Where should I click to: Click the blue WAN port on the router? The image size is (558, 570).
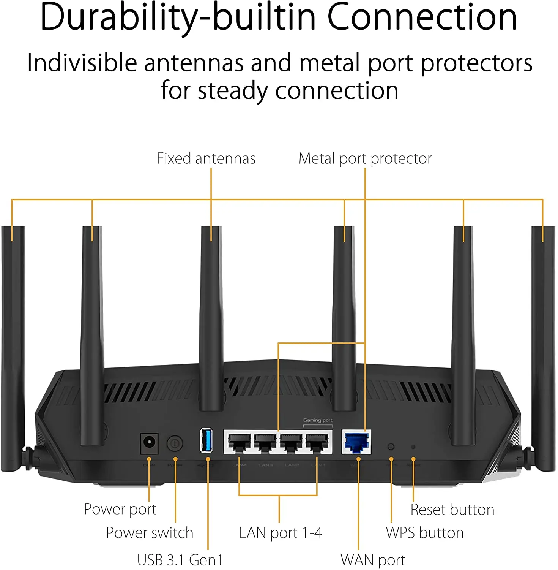click(356, 442)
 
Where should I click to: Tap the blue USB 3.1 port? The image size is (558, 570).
click(206, 440)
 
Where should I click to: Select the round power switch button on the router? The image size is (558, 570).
click(175, 443)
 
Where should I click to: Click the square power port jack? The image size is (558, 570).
click(149, 443)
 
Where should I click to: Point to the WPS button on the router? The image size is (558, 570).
click(391, 446)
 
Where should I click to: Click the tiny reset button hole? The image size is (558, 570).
click(413, 447)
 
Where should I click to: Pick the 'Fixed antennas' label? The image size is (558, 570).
click(206, 158)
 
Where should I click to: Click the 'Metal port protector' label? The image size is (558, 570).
click(365, 158)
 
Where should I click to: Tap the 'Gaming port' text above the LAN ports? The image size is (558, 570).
click(317, 420)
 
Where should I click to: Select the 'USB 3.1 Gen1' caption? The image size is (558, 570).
click(180, 560)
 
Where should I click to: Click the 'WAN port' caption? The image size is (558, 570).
click(373, 560)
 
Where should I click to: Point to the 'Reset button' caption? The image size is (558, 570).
click(452, 510)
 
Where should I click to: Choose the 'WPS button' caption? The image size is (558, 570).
click(425, 533)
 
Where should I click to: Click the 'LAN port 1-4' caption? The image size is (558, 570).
click(281, 533)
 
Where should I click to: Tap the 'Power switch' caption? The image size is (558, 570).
click(150, 533)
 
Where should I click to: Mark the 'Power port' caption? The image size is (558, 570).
click(120, 509)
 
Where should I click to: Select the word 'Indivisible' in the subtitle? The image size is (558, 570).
click(82, 63)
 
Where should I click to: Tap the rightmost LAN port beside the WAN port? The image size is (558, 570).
click(317, 442)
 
